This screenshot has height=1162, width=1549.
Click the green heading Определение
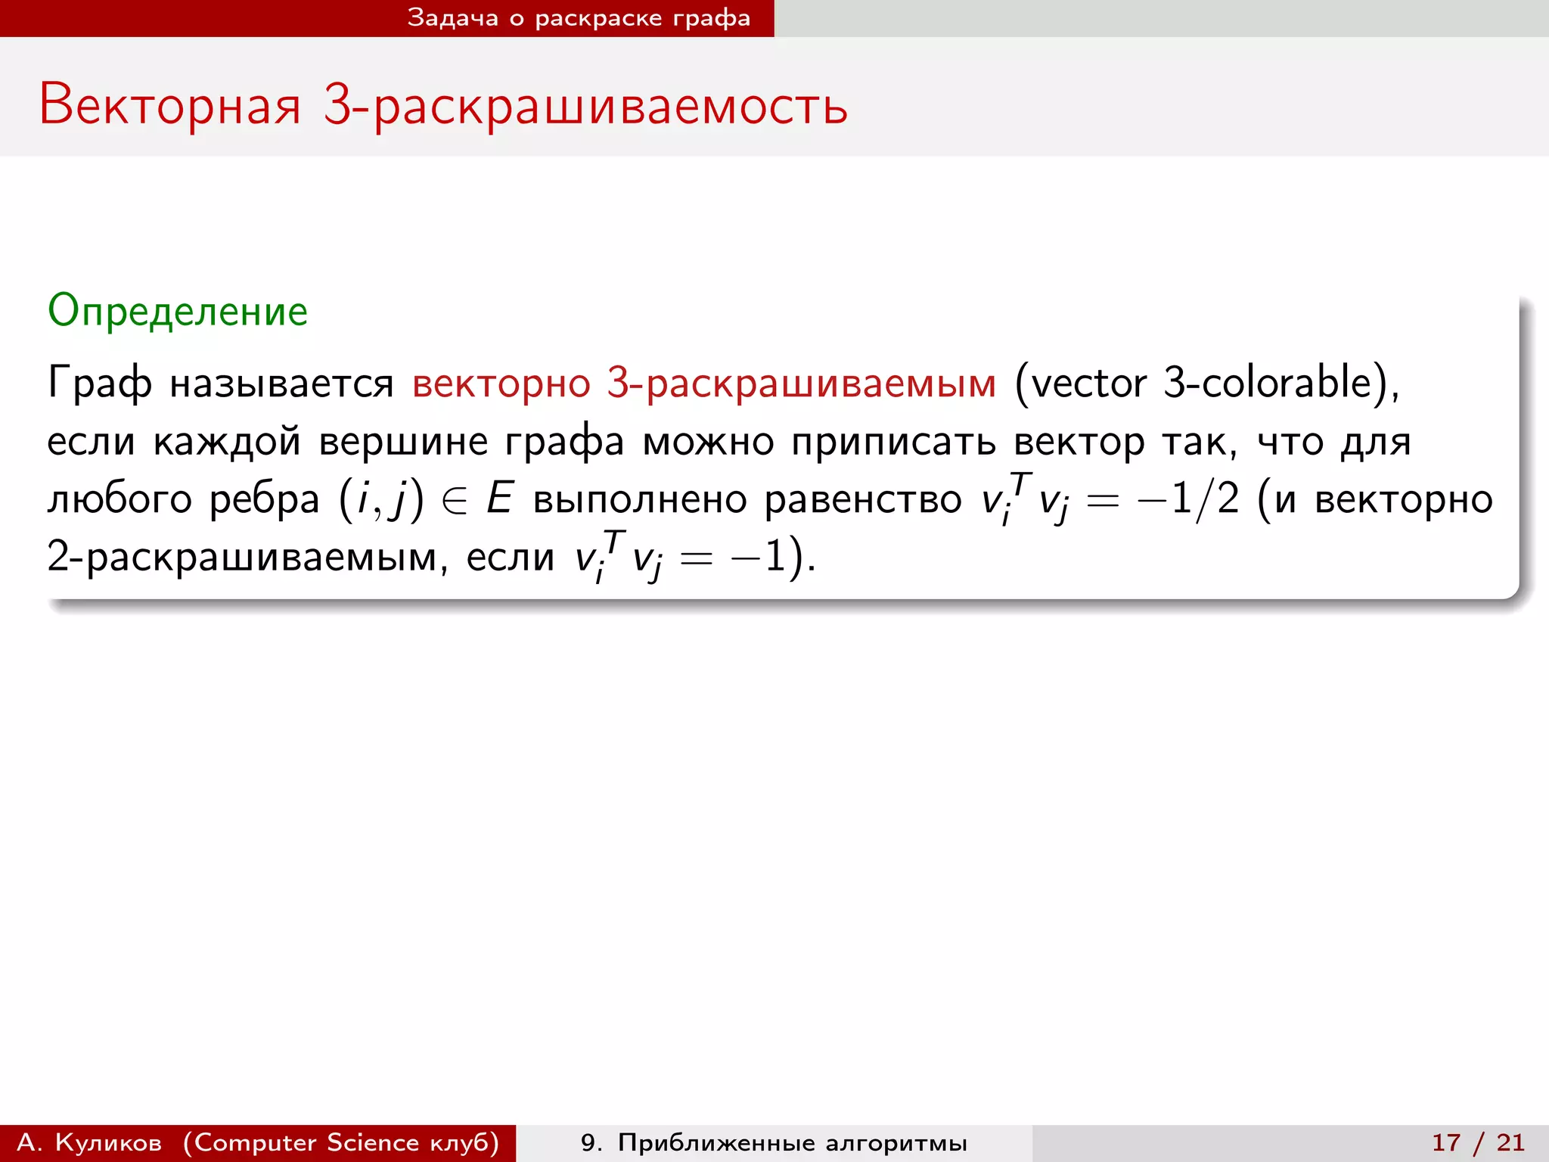178,311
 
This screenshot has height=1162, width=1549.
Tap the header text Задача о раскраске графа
579,18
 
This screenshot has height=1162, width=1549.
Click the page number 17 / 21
1478,1142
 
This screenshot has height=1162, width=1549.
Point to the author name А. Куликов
89,1142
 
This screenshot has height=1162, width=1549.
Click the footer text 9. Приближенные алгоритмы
774,1142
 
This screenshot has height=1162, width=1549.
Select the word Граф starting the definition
99,383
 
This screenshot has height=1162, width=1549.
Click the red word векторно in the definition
501,383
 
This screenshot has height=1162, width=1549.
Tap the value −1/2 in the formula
1188,499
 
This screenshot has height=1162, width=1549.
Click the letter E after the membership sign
500,499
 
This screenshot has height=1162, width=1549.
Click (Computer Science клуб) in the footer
341,1142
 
